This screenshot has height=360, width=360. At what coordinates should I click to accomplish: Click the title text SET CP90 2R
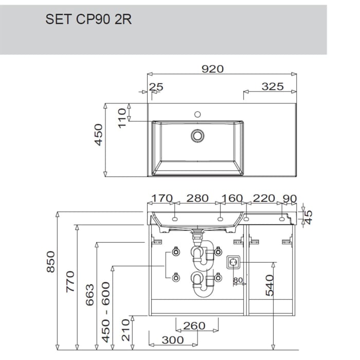pyautogui.click(x=88, y=20)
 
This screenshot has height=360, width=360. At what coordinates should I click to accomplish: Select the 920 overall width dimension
pyautogui.click(x=212, y=69)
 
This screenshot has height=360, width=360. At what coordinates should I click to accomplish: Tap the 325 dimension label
pyautogui.click(x=273, y=86)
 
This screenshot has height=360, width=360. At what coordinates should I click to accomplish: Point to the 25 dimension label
pyautogui.click(x=156, y=87)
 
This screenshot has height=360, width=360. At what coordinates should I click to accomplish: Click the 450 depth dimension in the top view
pyautogui.click(x=99, y=135)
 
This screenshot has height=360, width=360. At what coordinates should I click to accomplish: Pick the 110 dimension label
pyautogui.click(x=122, y=118)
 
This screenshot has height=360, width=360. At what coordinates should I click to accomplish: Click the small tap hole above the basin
pyautogui.click(x=197, y=114)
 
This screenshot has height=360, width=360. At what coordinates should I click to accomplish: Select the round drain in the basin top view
pyautogui.click(x=197, y=136)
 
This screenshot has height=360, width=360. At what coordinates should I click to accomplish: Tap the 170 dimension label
pyautogui.click(x=162, y=198)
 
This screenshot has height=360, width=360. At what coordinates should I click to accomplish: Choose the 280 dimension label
pyautogui.click(x=197, y=198)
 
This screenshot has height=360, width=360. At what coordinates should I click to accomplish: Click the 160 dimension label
pyautogui.click(x=232, y=198)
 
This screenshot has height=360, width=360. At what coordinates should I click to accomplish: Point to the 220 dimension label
pyautogui.click(x=264, y=198)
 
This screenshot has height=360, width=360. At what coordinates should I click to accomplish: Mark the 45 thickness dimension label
pyautogui.click(x=309, y=217)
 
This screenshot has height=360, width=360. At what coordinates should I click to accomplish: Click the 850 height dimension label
pyautogui.click(x=51, y=262)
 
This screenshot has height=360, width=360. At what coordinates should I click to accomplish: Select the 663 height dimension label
pyautogui.click(x=90, y=295)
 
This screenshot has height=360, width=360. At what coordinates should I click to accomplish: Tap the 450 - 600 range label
pyautogui.click(x=106, y=312)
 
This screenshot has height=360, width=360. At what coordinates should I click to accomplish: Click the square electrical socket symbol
pyautogui.click(x=233, y=262)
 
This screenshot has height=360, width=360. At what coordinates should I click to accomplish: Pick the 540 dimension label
pyautogui.click(x=269, y=285)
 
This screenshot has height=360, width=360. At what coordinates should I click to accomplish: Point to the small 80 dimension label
pyautogui.click(x=238, y=280)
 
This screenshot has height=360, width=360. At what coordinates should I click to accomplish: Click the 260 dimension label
pyautogui.click(x=194, y=326)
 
